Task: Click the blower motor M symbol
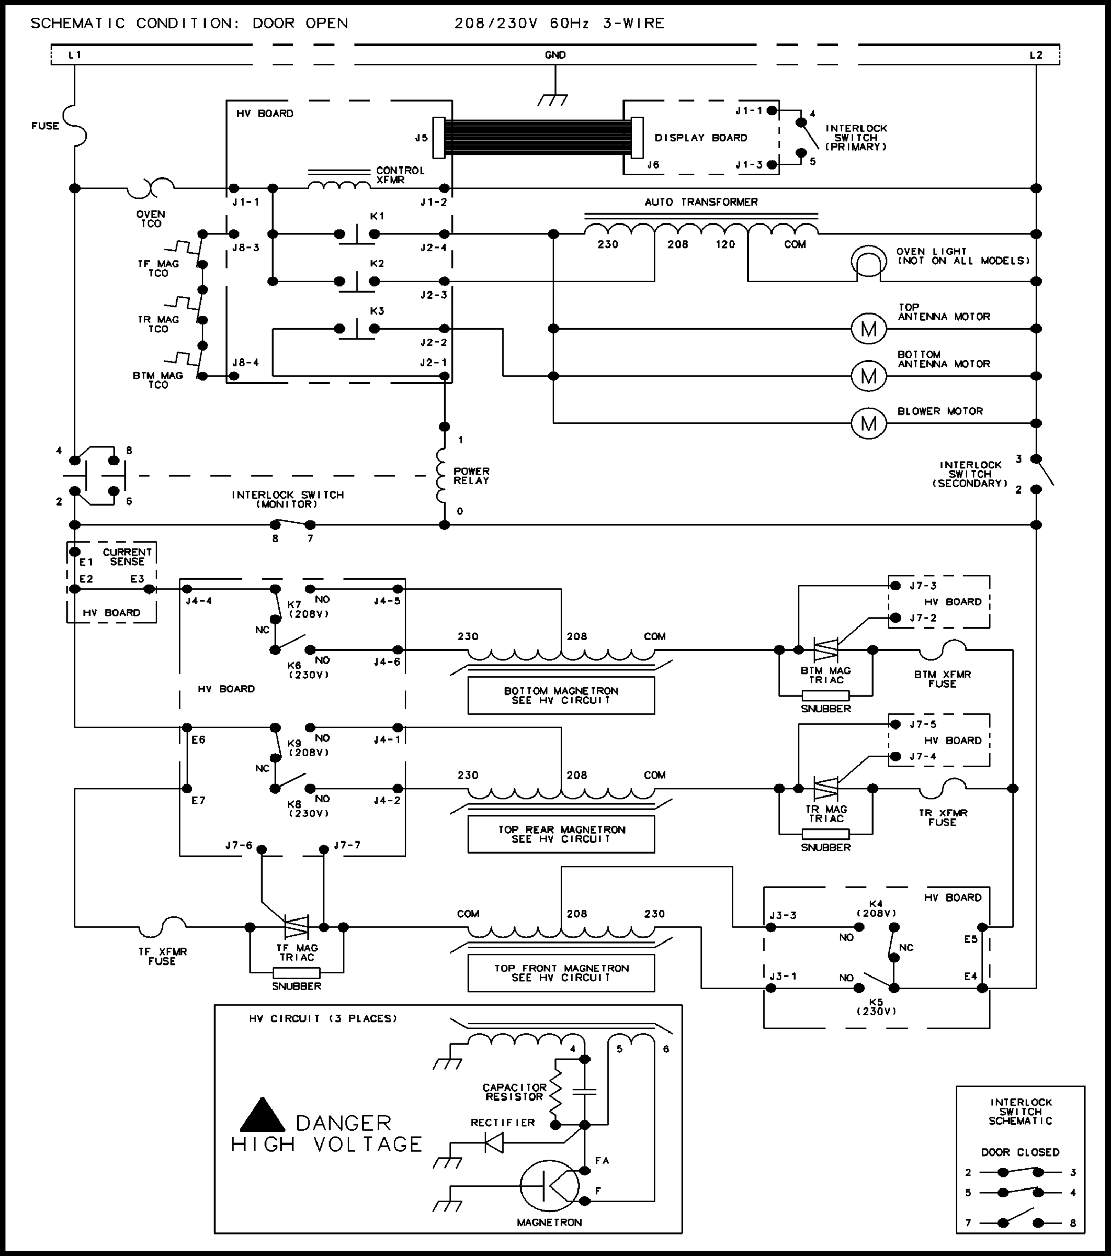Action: pyautogui.click(x=868, y=423)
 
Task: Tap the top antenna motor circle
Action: pyautogui.click(x=868, y=329)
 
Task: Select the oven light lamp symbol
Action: pyautogui.click(x=868, y=261)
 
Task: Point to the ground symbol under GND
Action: pyautogui.click(x=554, y=98)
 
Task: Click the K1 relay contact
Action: pyautogui.click(x=357, y=234)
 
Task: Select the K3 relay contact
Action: pyautogui.click(x=357, y=329)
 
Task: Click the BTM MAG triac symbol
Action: pyautogui.click(x=826, y=649)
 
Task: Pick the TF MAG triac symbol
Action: pyautogui.click(x=297, y=927)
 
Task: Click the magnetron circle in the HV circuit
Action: pyautogui.click(x=549, y=1186)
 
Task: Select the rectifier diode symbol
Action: pyautogui.click(x=494, y=1143)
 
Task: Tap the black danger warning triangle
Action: pyautogui.click(x=262, y=1116)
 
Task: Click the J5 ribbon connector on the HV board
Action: pyautogui.click(x=438, y=138)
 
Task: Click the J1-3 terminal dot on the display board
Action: pyautogui.click(x=772, y=165)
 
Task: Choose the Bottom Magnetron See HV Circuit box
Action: pyautogui.click(x=561, y=696)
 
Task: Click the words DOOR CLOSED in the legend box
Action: pyautogui.click(x=1020, y=1152)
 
